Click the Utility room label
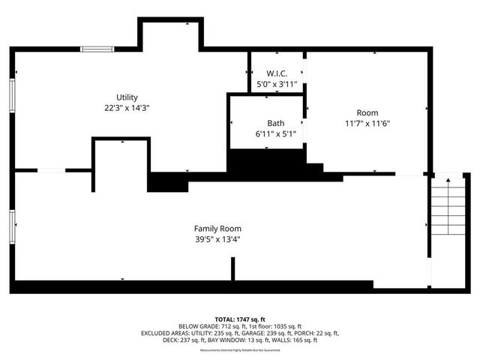coord(127,97)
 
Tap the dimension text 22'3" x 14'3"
coord(127,108)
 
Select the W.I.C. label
coord(277,73)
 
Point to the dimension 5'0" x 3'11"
coord(277,85)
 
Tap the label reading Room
coord(367,112)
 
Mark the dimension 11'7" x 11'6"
coord(367,124)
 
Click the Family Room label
coord(217,229)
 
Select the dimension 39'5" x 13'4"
coord(217,240)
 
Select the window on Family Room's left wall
coord(12,226)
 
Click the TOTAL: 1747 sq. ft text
coord(239,319)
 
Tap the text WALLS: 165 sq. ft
coord(295,340)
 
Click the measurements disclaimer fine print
coord(239,350)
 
